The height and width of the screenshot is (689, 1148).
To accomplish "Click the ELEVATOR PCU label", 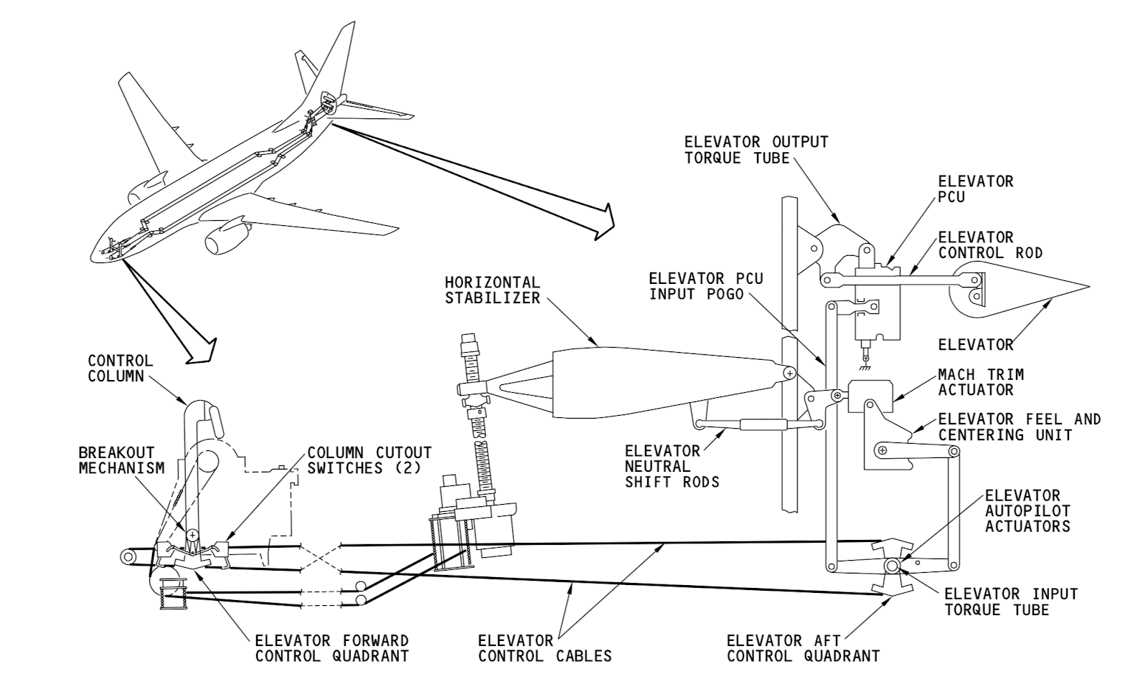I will pyautogui.click(x=976, y=189).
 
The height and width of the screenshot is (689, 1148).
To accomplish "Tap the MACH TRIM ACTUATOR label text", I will pyautogui.click(x=981, y=382).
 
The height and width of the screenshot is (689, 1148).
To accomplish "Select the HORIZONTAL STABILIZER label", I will pyautogui.click(x=492, y=290).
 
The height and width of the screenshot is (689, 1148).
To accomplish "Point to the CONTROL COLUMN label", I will pyautogui.click(x=121, y=368).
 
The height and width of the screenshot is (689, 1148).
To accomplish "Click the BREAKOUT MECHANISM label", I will pyautogui.click(x=121, y=460).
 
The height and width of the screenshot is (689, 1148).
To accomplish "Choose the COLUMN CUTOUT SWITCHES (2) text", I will pyautogui.click(x=370, y=460).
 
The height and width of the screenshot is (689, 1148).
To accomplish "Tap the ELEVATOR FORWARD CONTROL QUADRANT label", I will pyautogui.click(x=332, y=648).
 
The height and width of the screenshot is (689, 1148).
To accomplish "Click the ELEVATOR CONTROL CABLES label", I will pyautogui.click(x=545, y=648).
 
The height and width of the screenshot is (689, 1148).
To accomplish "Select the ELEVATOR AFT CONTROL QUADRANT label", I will pyautogui.click(x=803, y=648).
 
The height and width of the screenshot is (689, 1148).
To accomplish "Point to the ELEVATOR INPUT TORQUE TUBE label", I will pyautogui.click(x=1011, y=602).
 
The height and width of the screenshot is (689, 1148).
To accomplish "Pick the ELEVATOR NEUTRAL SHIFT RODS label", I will pyautogui.click(x=672, y=466).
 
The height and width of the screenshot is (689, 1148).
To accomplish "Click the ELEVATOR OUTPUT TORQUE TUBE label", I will pyautogui.click(x=756, y=150).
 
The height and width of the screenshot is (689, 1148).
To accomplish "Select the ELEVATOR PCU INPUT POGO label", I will pyautogui.click(x=706, y=285).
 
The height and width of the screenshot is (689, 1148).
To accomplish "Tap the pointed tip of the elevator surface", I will pyautogui.click(x=1086, y=286).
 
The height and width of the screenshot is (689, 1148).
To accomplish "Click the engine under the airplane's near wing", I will pyautogui.click(x=225, y=239).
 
